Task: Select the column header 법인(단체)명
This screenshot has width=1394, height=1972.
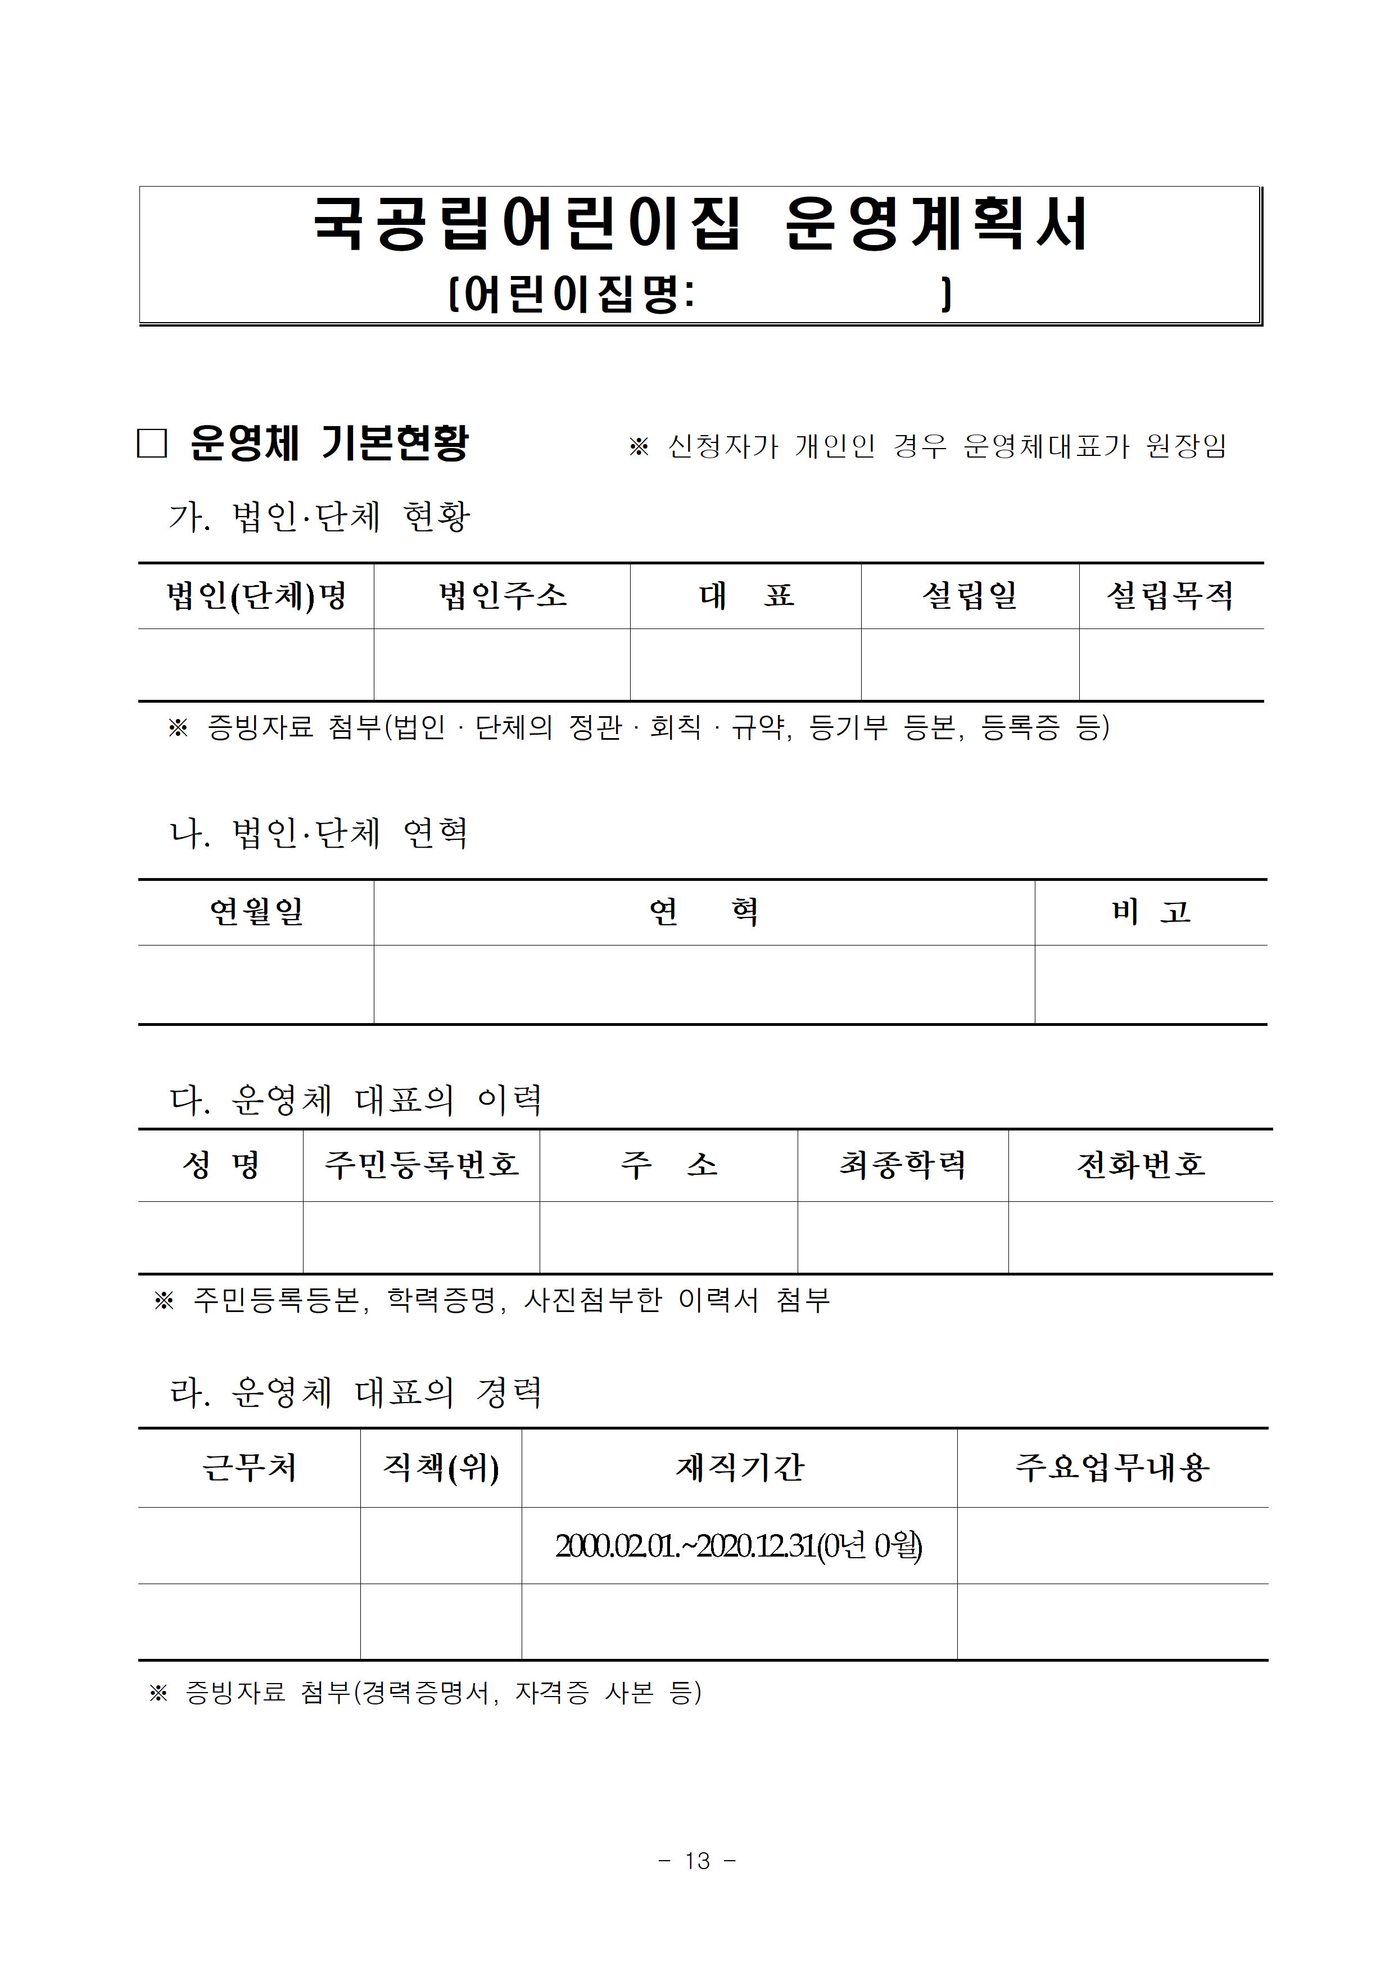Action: tap(256, 595)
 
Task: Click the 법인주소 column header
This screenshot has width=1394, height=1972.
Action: tap(503, 595)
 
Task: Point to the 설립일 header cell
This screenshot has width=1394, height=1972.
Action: tap(970, 595)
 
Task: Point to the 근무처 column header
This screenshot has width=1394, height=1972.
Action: tap(249, 1467)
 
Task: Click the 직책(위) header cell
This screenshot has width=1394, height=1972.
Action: tap(441, 1467)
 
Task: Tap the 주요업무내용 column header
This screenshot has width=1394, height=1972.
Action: tap(1112, 1467)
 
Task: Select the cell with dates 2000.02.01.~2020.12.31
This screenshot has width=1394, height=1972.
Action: tap(739, 1546)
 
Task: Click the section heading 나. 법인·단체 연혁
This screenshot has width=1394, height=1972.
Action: tap(319, 833)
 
